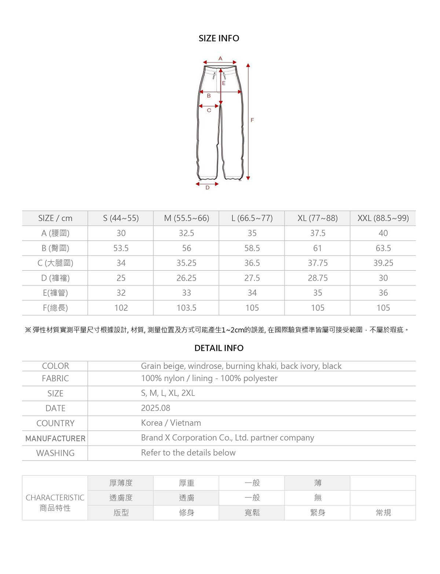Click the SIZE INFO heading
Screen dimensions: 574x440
219,38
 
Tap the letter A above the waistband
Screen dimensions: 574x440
220,58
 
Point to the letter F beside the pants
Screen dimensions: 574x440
252,120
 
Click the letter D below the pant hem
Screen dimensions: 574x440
208,188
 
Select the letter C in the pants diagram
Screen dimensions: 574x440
209,110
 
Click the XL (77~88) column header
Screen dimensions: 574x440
318,218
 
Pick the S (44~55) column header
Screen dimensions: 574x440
121,218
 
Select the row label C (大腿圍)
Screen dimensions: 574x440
55,263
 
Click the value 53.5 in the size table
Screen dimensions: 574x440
121,248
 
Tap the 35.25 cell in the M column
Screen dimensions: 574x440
186,263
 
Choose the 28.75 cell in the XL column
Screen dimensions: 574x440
318,278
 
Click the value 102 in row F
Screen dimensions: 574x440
121,308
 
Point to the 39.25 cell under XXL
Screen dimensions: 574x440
383,263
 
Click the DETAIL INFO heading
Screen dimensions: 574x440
219,348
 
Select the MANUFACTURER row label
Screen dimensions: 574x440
55,438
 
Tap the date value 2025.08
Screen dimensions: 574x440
155,408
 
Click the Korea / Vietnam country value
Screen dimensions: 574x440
171,423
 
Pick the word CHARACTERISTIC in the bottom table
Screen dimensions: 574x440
55,497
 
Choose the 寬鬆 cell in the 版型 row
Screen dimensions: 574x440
252,513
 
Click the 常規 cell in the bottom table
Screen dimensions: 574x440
383,513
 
